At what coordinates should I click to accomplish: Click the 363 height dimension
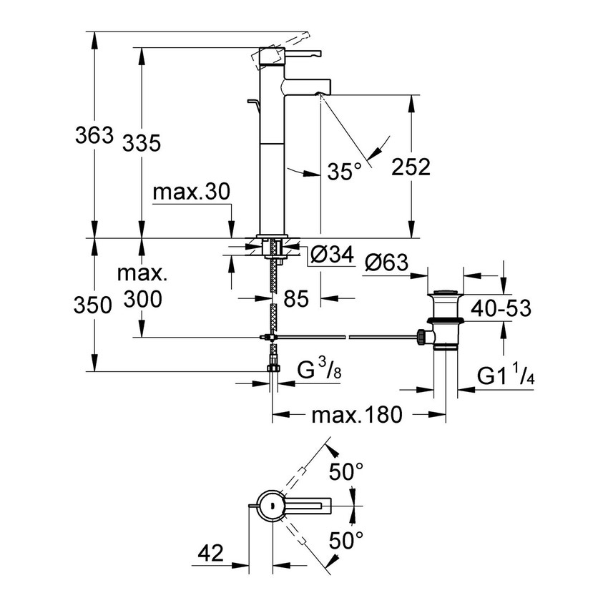[x=94, y=134]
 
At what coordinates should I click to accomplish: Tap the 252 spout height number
[x=410, y=167]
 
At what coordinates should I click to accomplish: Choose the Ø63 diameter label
[x=386, y=263]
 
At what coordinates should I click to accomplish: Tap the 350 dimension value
[x=94, y=305]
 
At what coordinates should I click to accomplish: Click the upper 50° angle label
[x=346, y=471]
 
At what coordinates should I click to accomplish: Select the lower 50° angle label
[x=346, y=539]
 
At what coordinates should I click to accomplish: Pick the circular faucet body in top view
[x=271, y=506]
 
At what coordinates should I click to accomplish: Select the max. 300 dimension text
[x=142, y=285]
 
